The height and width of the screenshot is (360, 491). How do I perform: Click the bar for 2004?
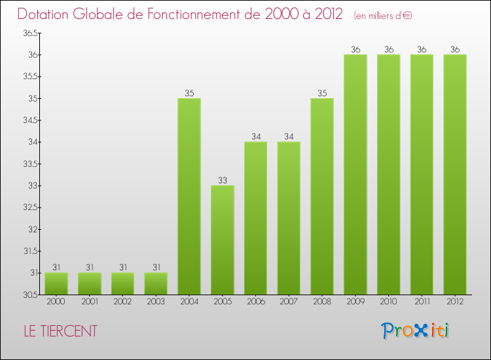click(189, 196)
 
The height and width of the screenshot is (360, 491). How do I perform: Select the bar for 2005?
click(223, 240)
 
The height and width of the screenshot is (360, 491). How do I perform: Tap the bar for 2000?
click(56, 283)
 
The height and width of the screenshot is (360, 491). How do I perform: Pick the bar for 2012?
click(455, 175)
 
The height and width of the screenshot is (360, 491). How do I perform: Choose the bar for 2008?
click(322, 196)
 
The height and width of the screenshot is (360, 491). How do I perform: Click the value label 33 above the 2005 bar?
click(223, 181)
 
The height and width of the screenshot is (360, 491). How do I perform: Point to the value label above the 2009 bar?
click(355, 50)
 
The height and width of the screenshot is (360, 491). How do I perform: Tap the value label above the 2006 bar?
click(255, 137)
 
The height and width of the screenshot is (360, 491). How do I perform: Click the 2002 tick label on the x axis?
click(122, 302)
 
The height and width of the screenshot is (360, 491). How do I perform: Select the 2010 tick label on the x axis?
click(388, 302)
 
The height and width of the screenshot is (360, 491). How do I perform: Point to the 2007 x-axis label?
click(289, 302)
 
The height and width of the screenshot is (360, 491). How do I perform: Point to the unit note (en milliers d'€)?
click(383, 15)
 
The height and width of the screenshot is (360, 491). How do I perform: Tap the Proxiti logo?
click(416, 331)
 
